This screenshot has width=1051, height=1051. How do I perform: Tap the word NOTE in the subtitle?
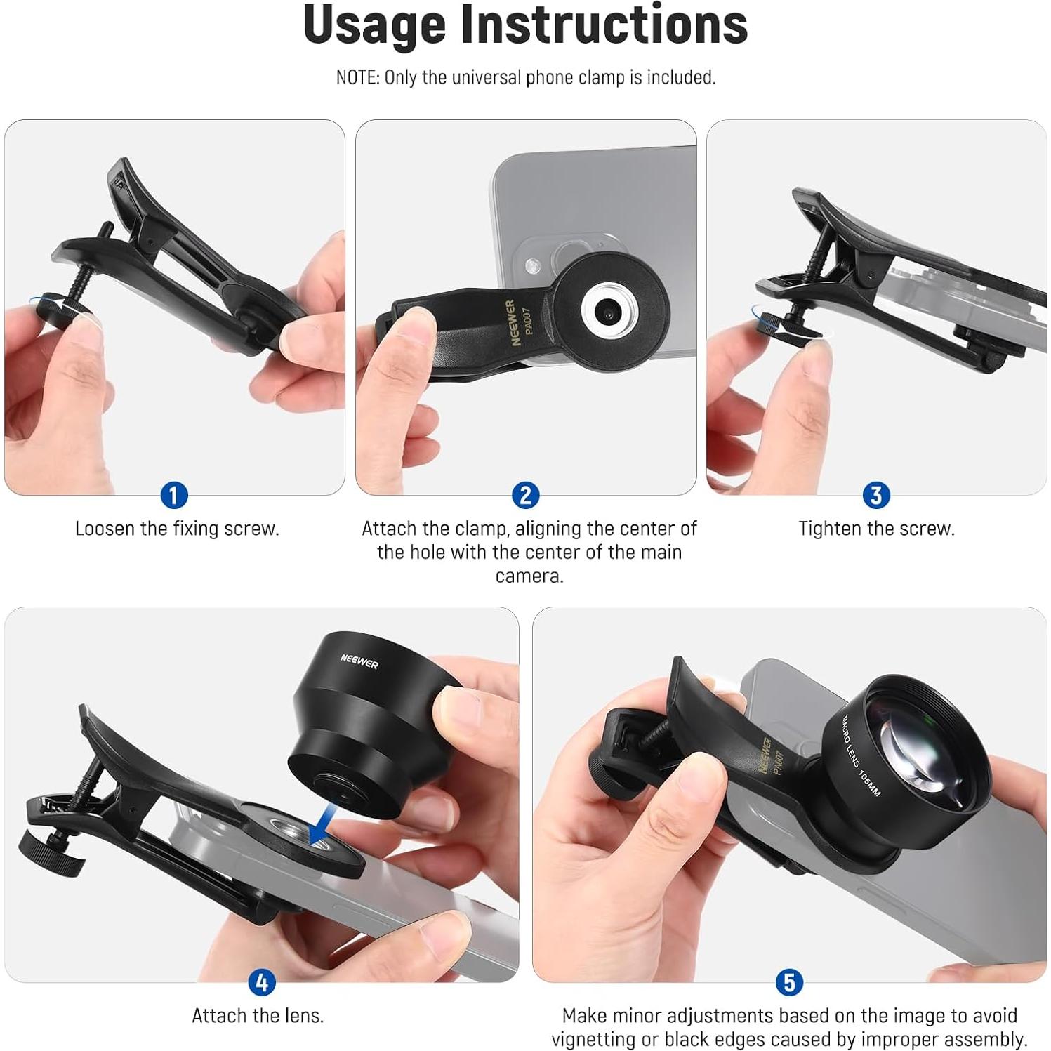tap(357, 77)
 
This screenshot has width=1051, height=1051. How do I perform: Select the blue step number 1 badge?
tap(173, 496)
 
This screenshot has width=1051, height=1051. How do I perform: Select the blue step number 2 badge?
tap(525, 496)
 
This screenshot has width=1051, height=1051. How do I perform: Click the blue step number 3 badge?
tap(875, 496)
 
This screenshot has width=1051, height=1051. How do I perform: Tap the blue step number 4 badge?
tap(261, 983)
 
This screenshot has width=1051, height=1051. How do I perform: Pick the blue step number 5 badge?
tap(788, 983)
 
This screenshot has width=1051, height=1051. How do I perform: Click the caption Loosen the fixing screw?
tap(177, 529)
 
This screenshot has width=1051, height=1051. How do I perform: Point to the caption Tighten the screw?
tap(876, 529)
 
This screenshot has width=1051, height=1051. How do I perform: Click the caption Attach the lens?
tap(258, 1016)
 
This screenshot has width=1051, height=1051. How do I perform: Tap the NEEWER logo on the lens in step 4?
tap(359, 661)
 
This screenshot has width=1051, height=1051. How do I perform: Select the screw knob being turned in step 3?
tap(776, 324)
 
